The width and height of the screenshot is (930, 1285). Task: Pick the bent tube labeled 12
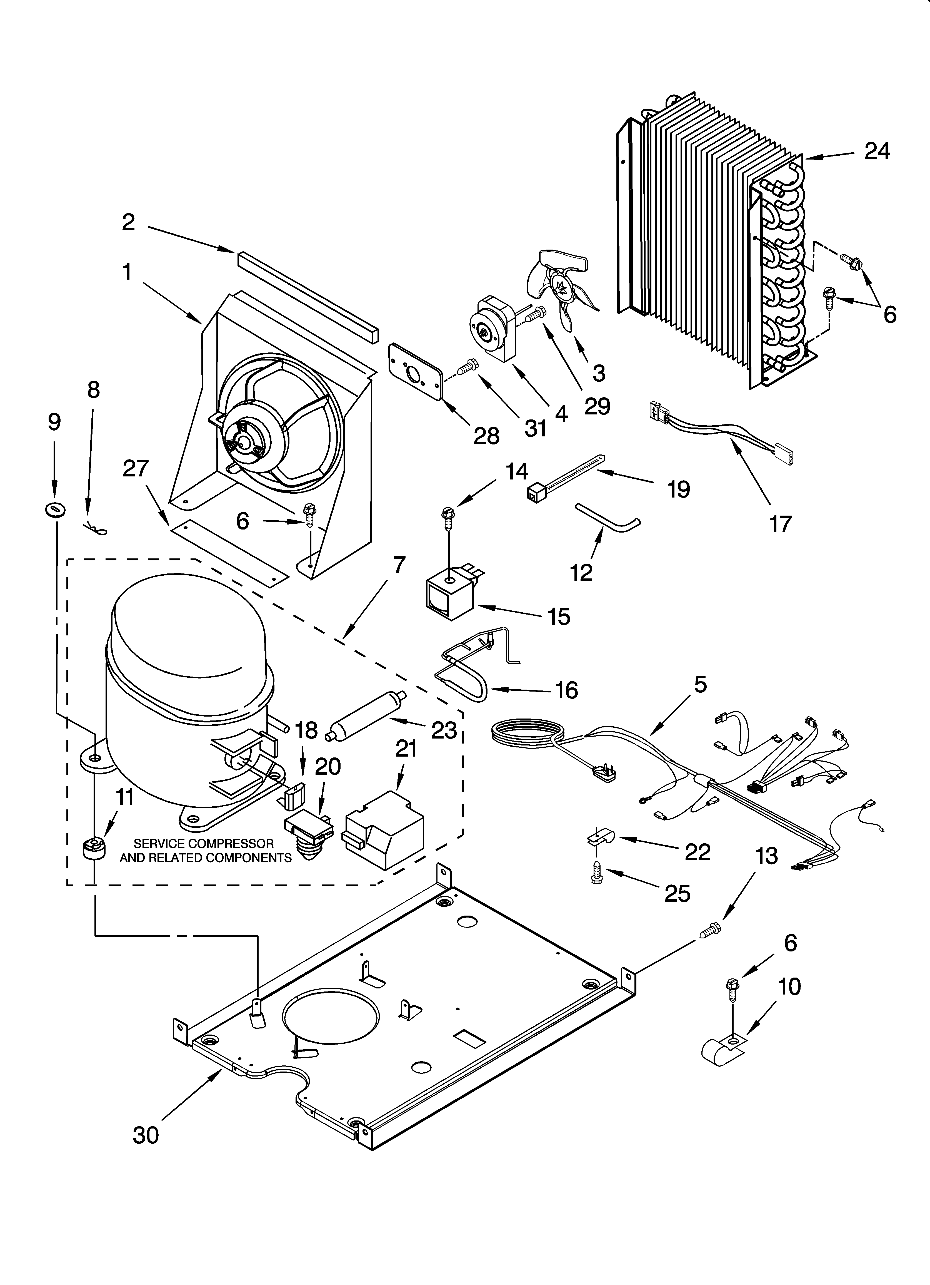point(607,516)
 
